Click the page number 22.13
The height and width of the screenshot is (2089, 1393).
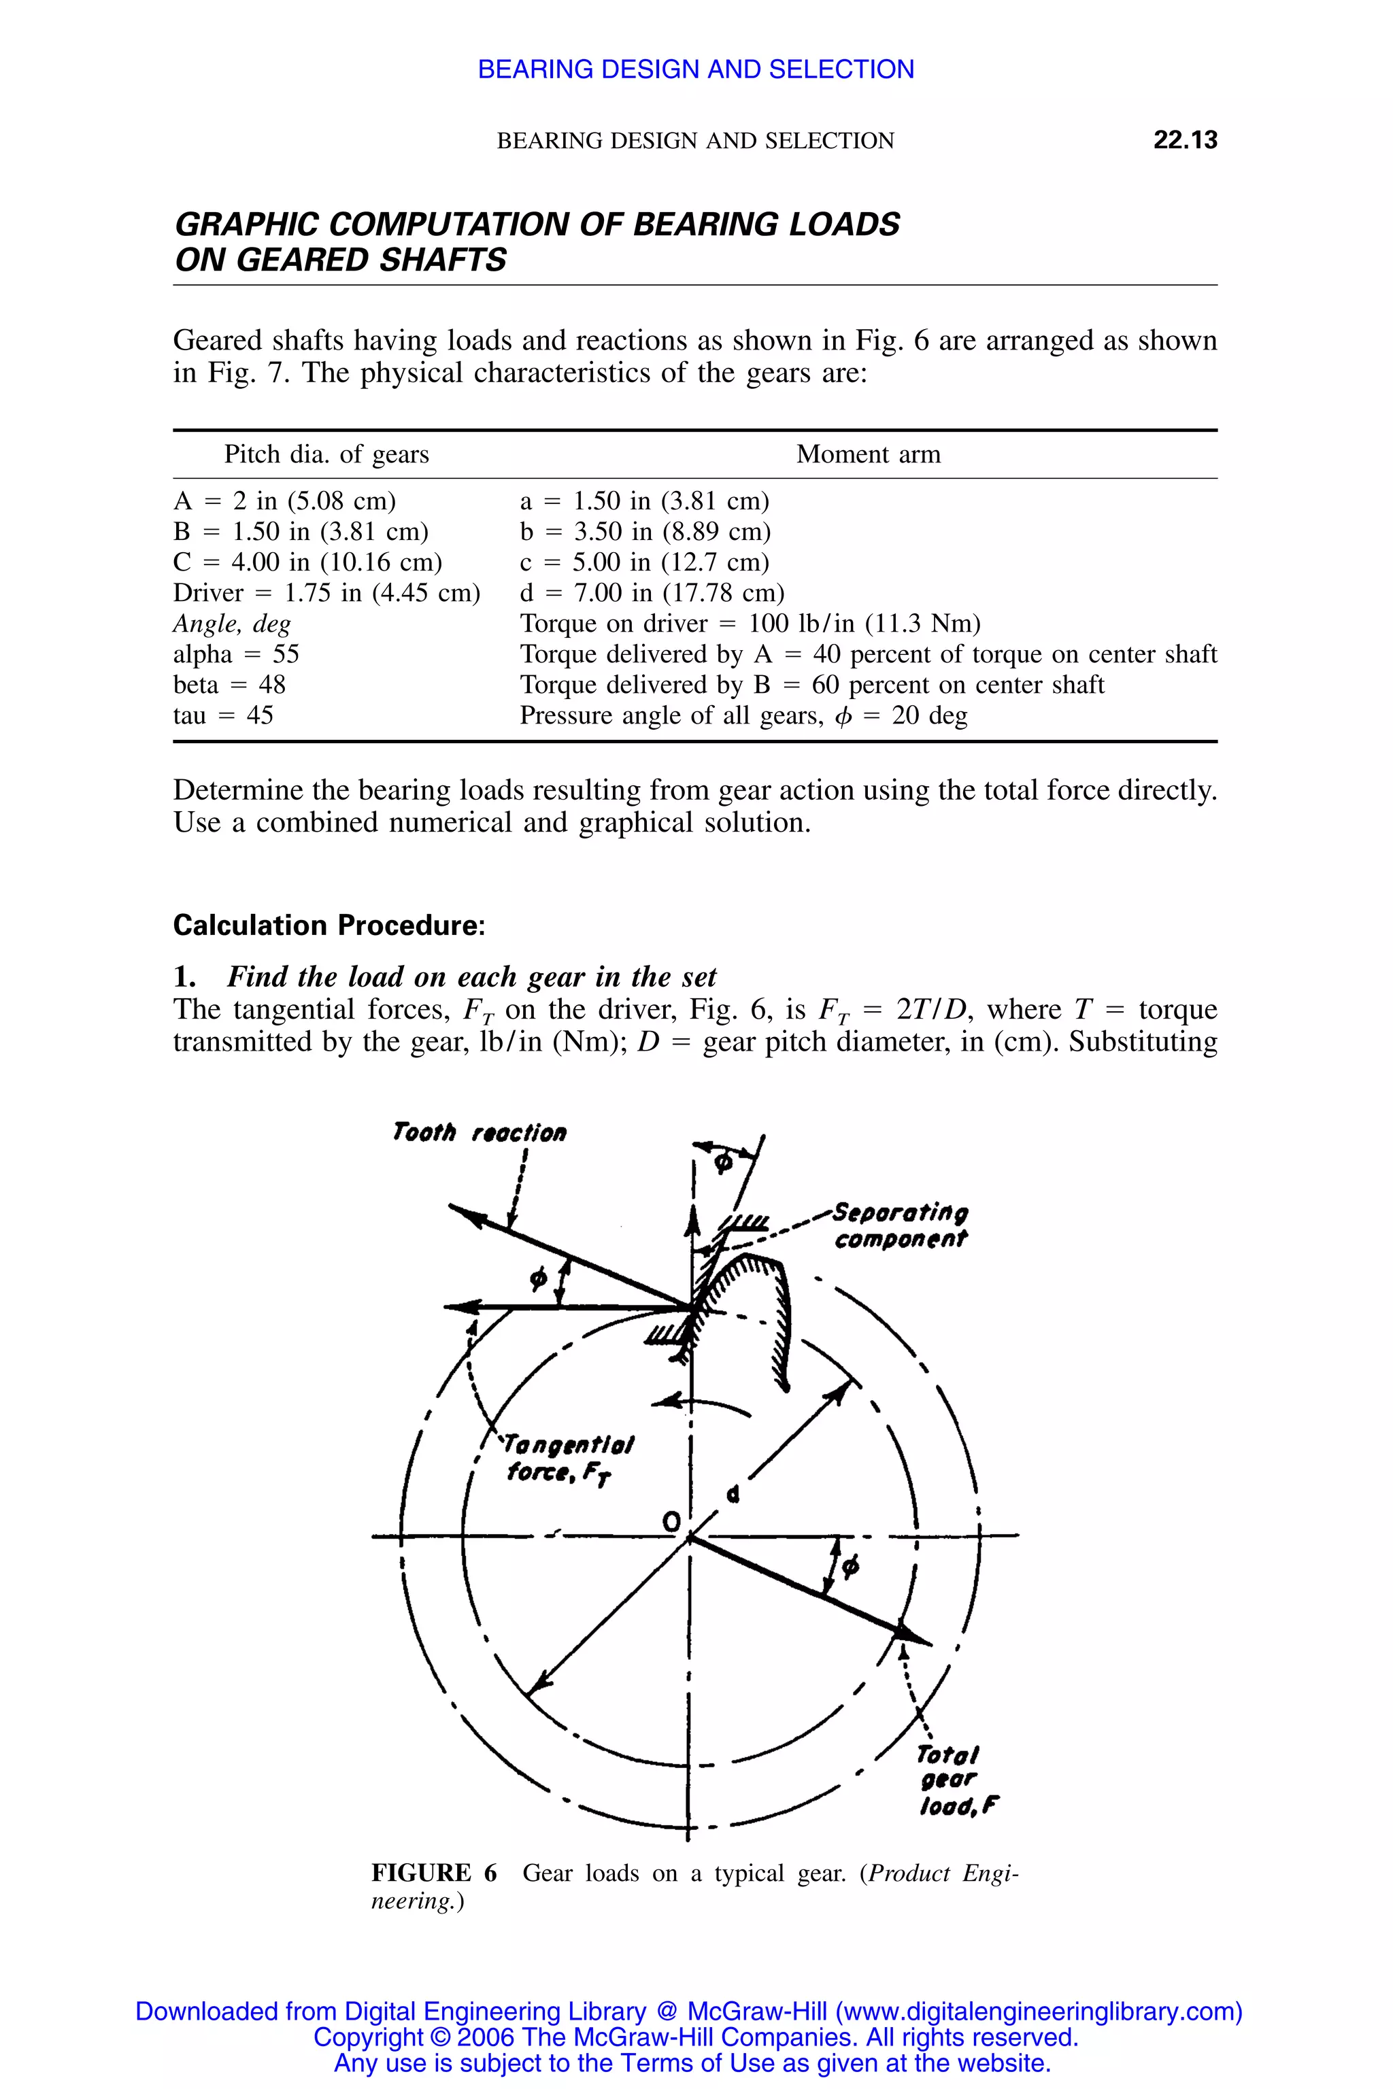tap(1184, 139)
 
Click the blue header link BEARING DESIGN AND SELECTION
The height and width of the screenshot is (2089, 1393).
tap(696, 69)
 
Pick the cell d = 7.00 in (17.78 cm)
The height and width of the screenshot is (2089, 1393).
tap(652, 592)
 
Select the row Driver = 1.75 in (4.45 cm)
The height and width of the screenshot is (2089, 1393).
tap(326, 592)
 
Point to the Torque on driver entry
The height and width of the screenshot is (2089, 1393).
tap(750, 624)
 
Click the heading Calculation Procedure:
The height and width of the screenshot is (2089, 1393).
tap(329, 925)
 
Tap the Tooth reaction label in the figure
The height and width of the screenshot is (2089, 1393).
tap(479, 1132)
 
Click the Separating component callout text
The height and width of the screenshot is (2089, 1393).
tap(900, 1225)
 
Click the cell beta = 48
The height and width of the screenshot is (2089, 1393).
tap(229, 685)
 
